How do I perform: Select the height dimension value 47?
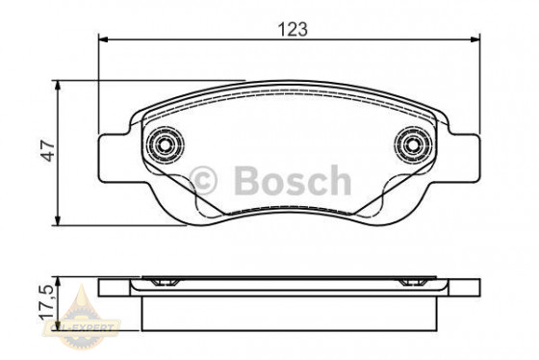47,149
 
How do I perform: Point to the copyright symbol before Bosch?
207,180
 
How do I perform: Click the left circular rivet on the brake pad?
164,146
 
